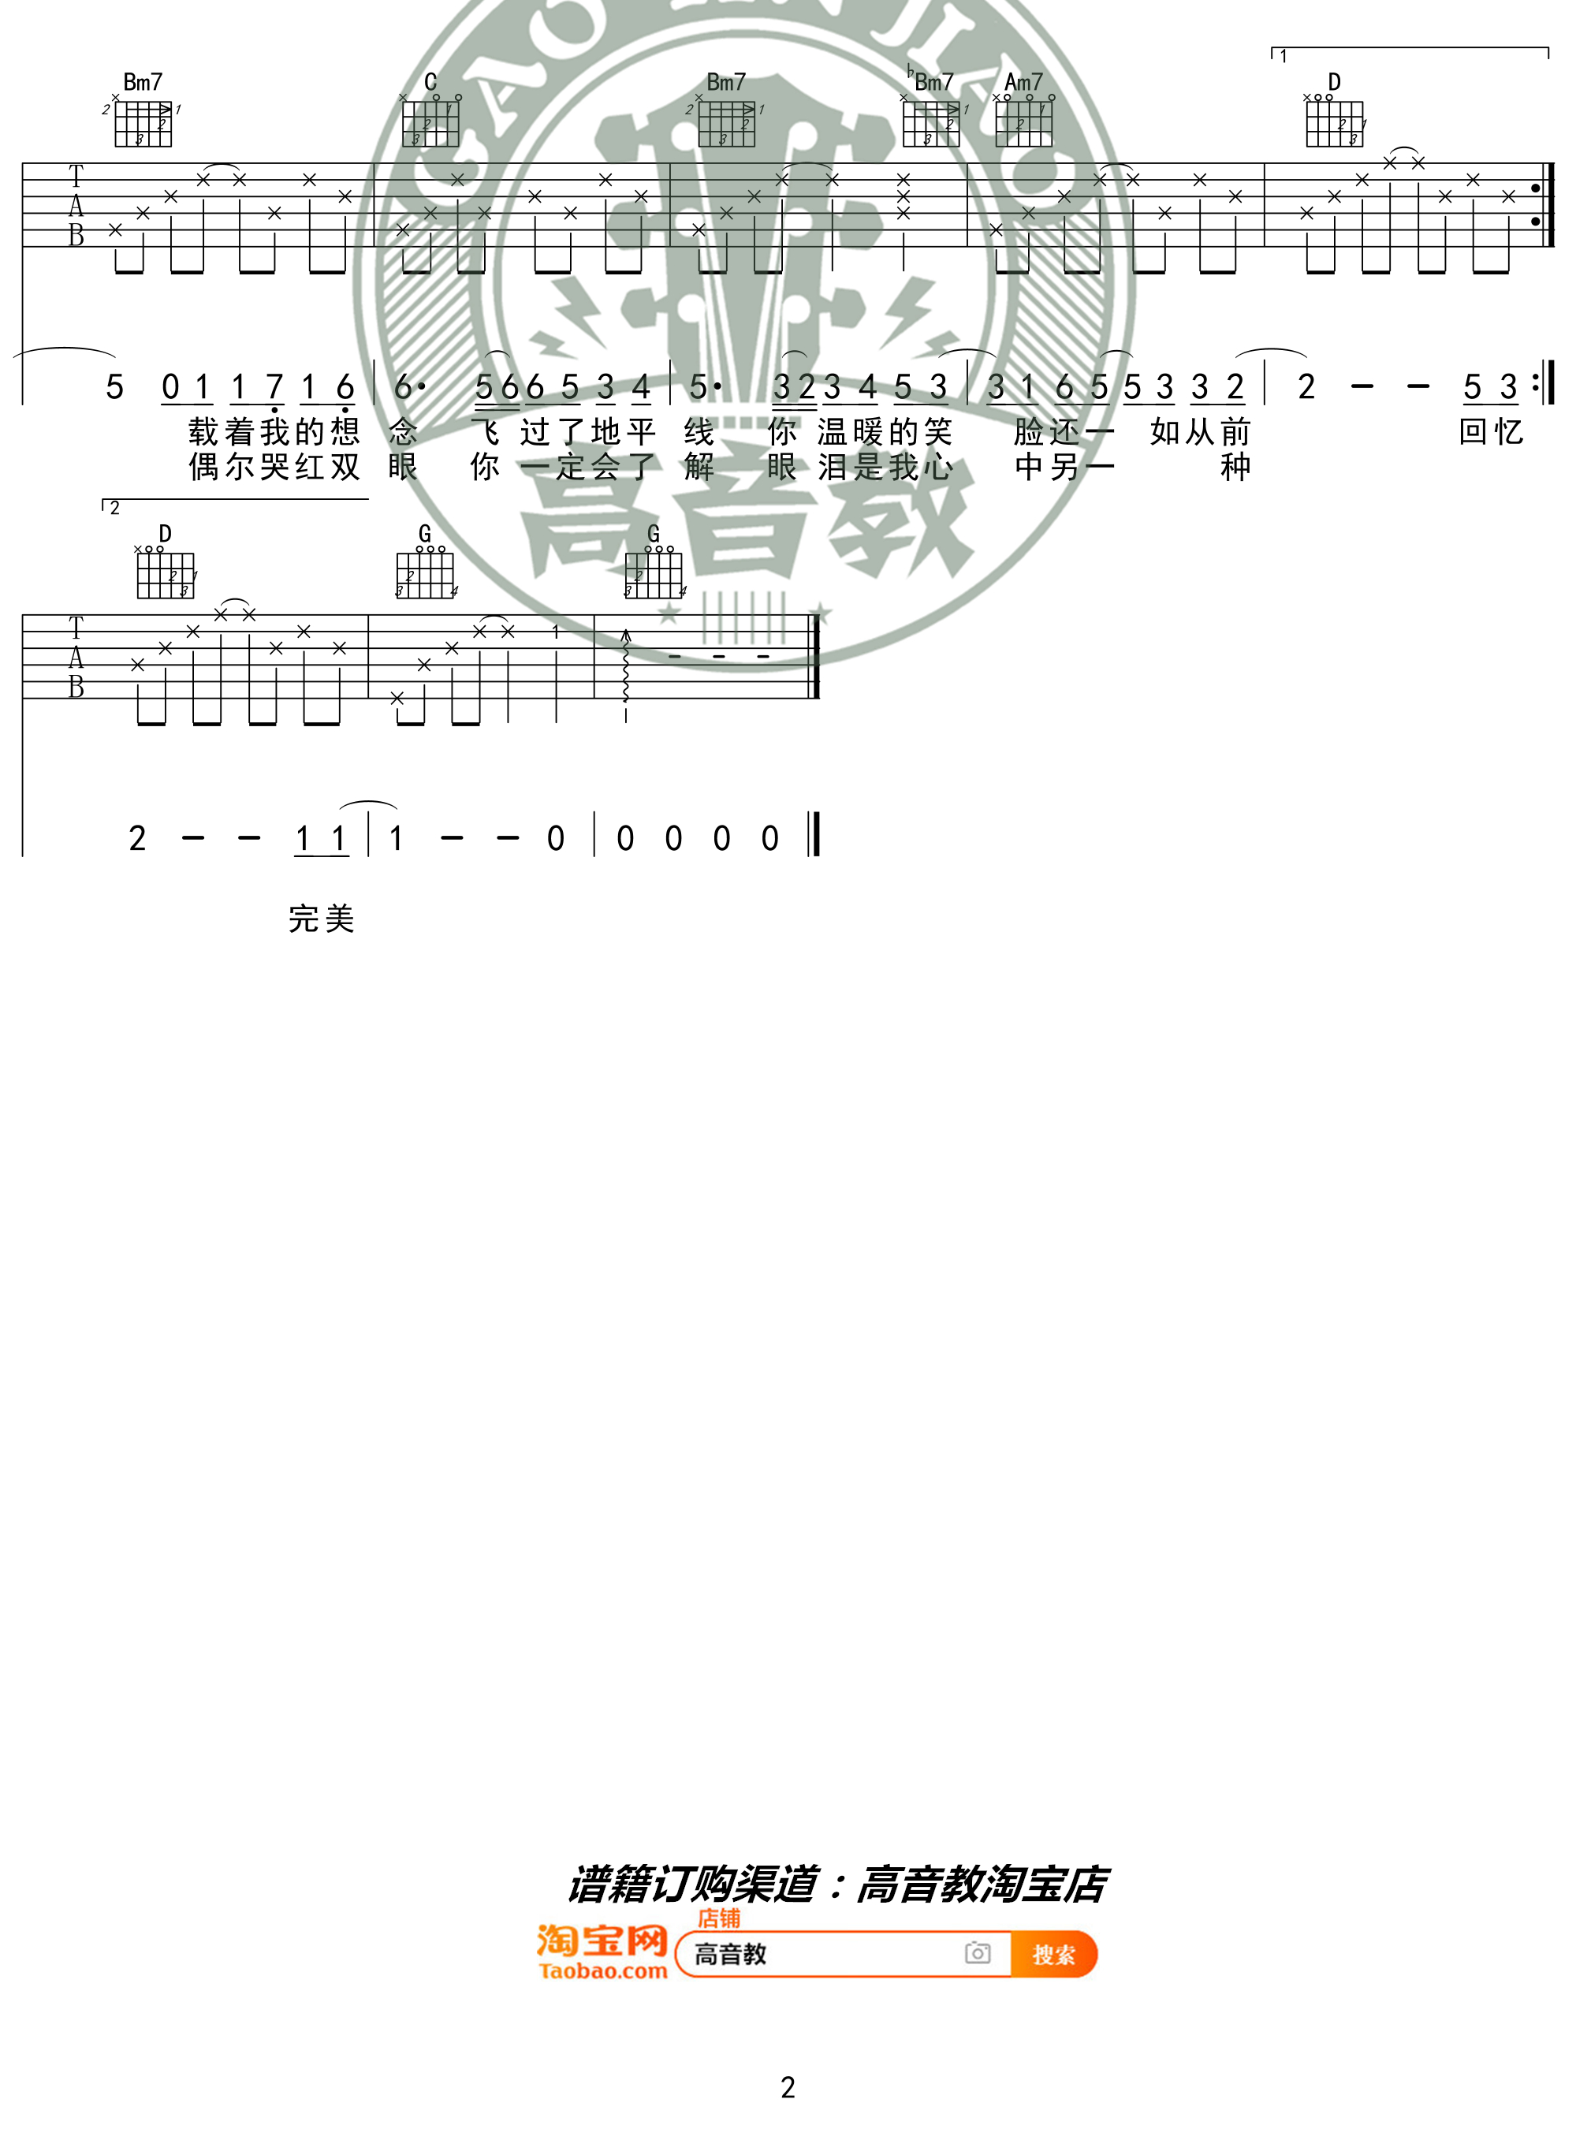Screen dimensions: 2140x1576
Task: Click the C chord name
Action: (430, 82)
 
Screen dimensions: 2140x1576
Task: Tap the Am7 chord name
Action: (1023, 82)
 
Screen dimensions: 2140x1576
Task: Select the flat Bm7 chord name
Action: (931, 82)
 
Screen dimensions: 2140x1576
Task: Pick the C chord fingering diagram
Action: (430, 122)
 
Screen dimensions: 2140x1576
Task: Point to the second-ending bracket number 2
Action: (114, 509)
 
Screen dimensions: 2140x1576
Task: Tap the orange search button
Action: (1053, 1955)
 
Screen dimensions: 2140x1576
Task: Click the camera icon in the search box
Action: (977, 1953)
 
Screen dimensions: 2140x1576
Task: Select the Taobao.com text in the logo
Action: (603, 1972)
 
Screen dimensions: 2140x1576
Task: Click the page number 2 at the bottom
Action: (788, 2087)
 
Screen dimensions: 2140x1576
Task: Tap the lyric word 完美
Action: (322, 919)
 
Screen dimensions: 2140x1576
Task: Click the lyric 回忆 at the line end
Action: (1491, 432)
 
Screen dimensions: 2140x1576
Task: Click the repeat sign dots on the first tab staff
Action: (1535, 205)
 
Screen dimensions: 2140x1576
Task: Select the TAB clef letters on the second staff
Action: (76, 658)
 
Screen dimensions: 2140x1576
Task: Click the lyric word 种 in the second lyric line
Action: (1235, 467)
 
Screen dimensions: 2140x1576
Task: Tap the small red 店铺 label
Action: (718, 1918)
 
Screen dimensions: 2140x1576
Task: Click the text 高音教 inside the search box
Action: (731, 1955)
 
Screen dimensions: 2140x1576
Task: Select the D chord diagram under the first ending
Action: (1335, 122)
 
